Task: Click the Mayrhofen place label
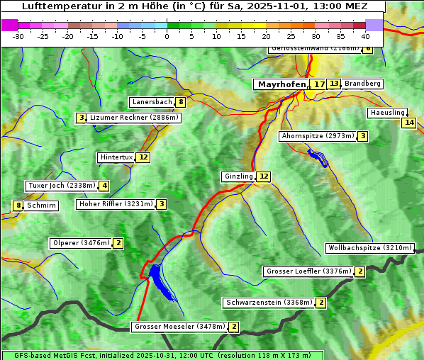point(281,84)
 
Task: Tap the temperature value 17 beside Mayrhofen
point(320,84)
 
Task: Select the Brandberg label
point(363,84)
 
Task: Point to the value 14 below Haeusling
point(408,123)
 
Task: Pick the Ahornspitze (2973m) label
point(318,135)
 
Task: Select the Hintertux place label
point(116,157)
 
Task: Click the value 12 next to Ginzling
point(264,176)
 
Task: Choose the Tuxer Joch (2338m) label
point(61,186)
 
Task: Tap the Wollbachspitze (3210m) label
point(369,248)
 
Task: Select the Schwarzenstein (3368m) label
point(269,303)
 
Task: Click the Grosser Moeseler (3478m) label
point(179,327)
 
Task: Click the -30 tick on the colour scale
point(18,35)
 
